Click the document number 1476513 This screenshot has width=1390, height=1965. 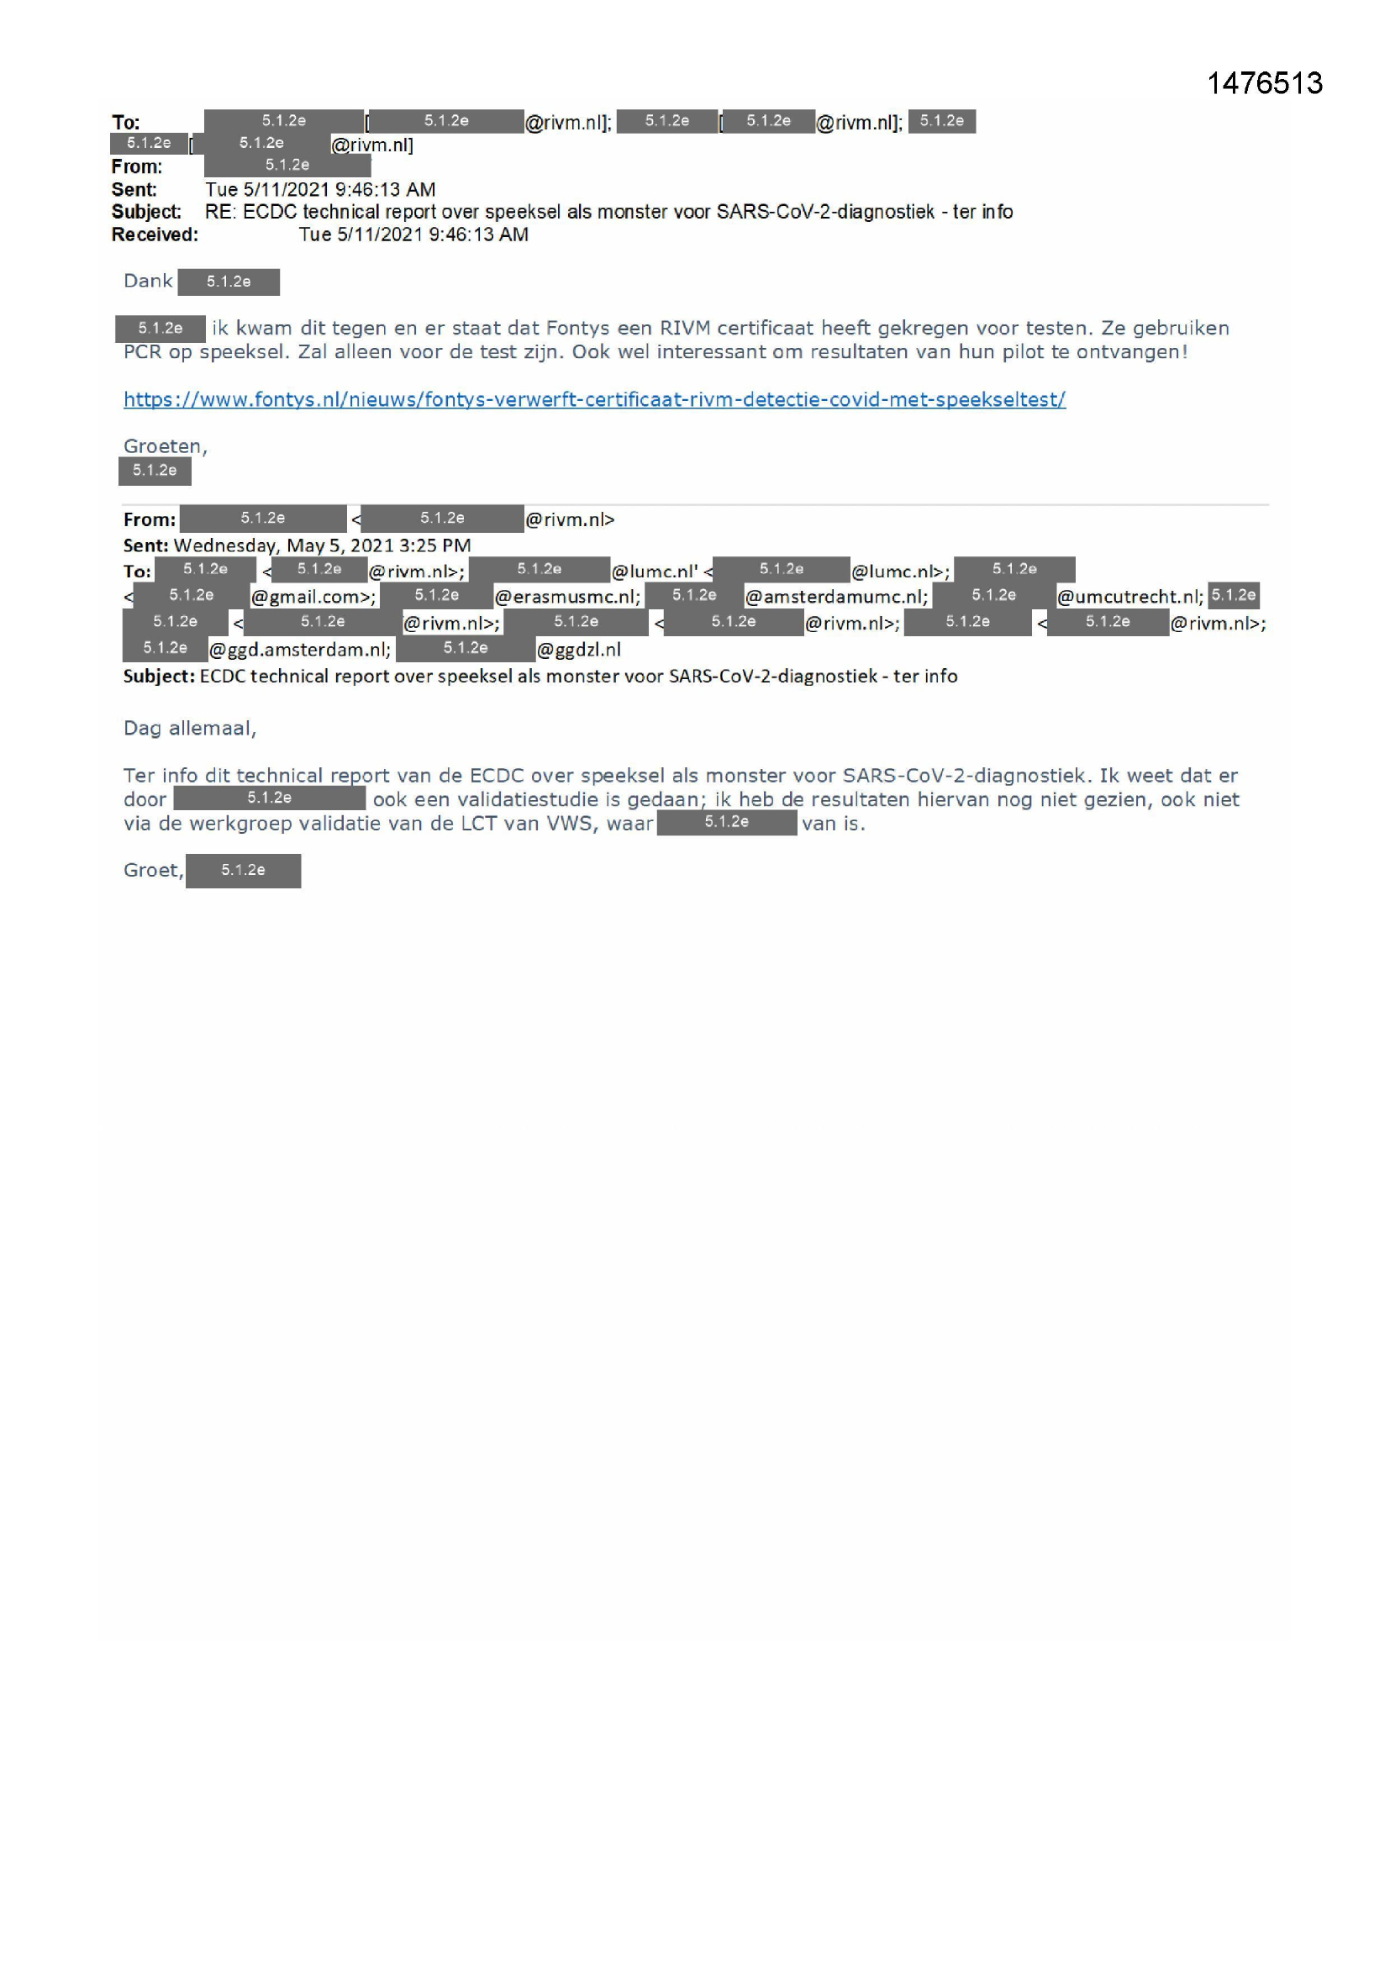1263,83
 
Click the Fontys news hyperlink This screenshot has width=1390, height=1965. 594,399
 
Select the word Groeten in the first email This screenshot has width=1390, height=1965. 164,446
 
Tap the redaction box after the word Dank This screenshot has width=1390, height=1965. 229,282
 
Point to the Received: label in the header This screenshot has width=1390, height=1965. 154,234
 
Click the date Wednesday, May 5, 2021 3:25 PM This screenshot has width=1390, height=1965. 322,545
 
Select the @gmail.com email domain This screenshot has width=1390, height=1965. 313,597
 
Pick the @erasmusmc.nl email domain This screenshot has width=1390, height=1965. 566,597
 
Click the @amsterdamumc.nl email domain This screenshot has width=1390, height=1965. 835,597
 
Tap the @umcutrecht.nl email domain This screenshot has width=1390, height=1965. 1129,597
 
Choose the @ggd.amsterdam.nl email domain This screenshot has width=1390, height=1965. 299,650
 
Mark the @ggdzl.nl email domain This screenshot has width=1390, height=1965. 578,650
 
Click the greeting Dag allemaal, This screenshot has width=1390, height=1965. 189,729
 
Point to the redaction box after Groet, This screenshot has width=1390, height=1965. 243,871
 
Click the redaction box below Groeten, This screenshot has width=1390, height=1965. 155,471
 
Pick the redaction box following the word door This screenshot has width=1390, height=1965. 270,798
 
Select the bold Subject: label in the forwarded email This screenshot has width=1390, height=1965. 158,676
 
